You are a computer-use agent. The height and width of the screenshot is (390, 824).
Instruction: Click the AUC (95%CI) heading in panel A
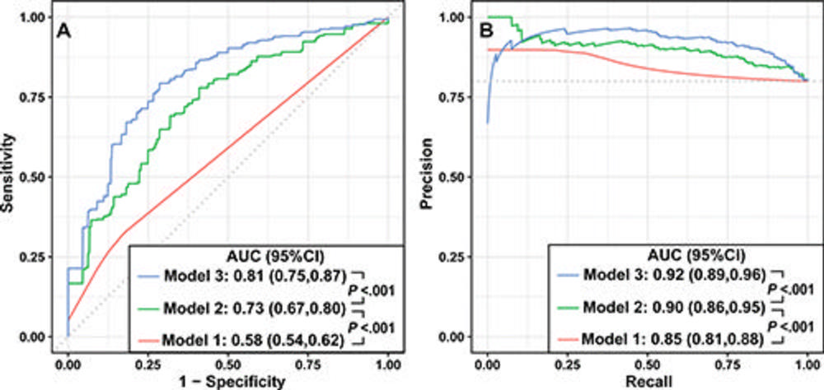point(276,253)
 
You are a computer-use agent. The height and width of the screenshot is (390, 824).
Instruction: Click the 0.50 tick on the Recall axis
point(648,361)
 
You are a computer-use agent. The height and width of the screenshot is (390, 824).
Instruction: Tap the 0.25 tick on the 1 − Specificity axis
point(147,361)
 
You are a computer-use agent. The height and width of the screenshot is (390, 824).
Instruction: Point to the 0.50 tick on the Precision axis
point(459,176)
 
